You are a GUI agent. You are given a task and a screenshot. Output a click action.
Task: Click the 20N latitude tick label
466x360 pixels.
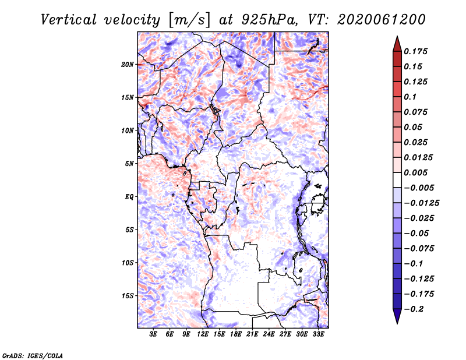[128, 64]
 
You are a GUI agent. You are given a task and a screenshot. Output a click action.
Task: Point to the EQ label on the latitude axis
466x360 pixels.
[129, 197]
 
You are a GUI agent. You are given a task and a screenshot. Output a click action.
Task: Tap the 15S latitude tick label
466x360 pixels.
[128, 296]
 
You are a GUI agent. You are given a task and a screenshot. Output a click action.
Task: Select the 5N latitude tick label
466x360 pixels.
[129, 164]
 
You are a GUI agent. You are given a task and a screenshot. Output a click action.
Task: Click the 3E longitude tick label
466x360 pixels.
[154, 334]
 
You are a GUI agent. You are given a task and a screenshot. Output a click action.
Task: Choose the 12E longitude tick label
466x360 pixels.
[203, 334]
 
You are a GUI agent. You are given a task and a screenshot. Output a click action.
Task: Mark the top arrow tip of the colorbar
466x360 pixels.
[397, 37]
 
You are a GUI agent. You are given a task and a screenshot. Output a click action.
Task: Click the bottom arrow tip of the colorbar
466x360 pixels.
[397, 323]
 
